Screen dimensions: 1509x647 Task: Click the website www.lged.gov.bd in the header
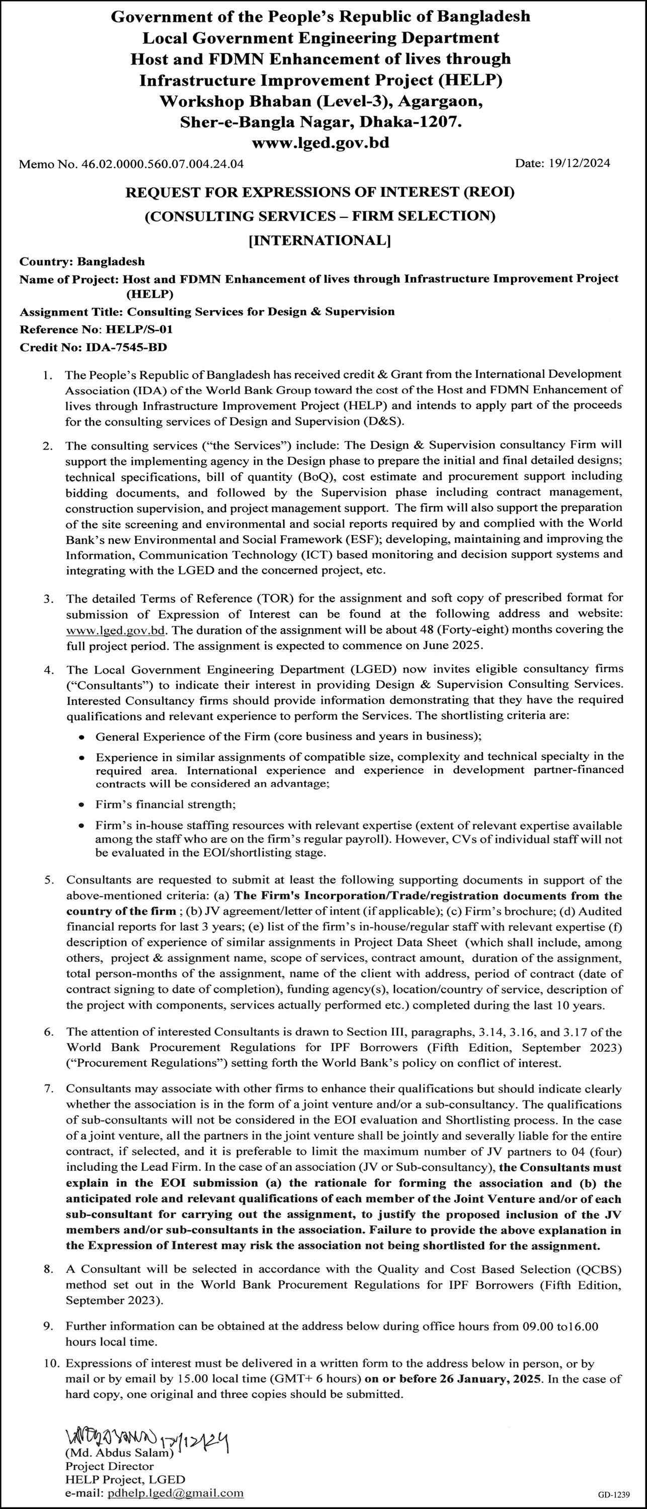(x=320, y=142)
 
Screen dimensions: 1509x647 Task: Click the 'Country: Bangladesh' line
(x=82, y=261)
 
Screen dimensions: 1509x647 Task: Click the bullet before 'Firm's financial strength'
(x=83, y=805)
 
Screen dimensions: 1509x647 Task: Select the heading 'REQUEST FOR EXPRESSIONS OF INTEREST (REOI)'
(x=320, y=192)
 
